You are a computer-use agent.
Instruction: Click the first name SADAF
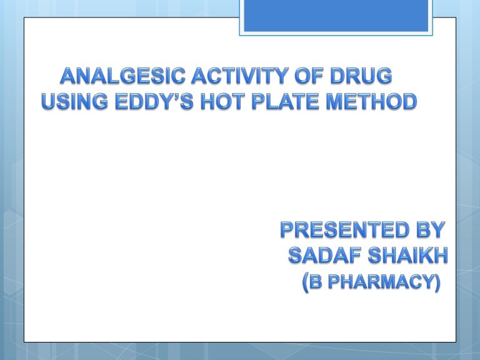(321, 256)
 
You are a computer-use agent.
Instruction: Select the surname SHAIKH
(402, 256)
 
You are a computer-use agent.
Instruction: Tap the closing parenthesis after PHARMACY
(436, 283)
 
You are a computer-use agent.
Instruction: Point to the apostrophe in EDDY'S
(181, 97)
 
